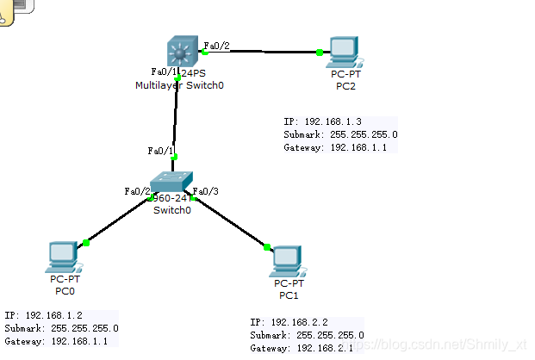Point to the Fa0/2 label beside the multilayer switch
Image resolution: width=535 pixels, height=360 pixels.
(x=216, y=46)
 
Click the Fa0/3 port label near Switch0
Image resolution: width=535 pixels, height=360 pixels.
(x=207, y=190)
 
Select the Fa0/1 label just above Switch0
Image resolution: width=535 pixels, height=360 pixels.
(x=161, y=151)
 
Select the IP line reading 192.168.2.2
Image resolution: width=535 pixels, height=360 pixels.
(x=299, y=321)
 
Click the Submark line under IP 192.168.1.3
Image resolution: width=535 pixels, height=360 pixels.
(x=340, y=134)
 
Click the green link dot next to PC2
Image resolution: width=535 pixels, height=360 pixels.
(x=320, y=53)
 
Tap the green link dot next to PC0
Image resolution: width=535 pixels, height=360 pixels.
(x=86, y=242)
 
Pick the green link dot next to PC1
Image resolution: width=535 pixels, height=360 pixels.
(x=266, y=249)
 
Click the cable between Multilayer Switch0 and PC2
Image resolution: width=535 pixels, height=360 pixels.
(x=263, y=52)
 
